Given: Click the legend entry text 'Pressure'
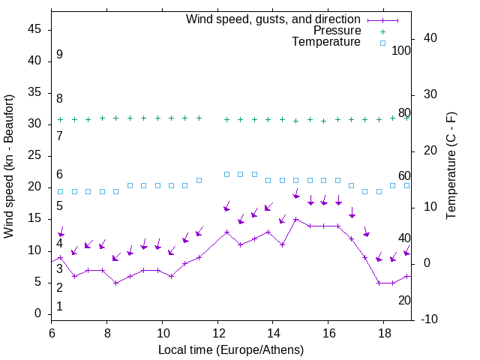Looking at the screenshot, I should coord(337,31).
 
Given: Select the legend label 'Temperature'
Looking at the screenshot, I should coord(326,43).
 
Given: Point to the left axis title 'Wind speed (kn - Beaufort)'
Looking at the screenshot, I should coord(9,166).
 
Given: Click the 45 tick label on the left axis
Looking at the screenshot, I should coord(35,29).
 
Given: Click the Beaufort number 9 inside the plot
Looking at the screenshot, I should coord(59,55).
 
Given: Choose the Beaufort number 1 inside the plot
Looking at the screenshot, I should coord(59,306).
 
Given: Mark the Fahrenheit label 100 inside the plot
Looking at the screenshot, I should coord(401,50).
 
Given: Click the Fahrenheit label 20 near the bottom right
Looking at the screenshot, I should coord(404,300).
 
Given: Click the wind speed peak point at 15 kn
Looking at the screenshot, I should coord(295,220).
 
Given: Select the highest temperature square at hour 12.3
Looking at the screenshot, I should coord(227,174).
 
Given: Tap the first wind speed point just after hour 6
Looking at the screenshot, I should coord(61,257).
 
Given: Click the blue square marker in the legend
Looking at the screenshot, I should coord(382,43).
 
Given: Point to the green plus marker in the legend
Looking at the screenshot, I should coord(382,31).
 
